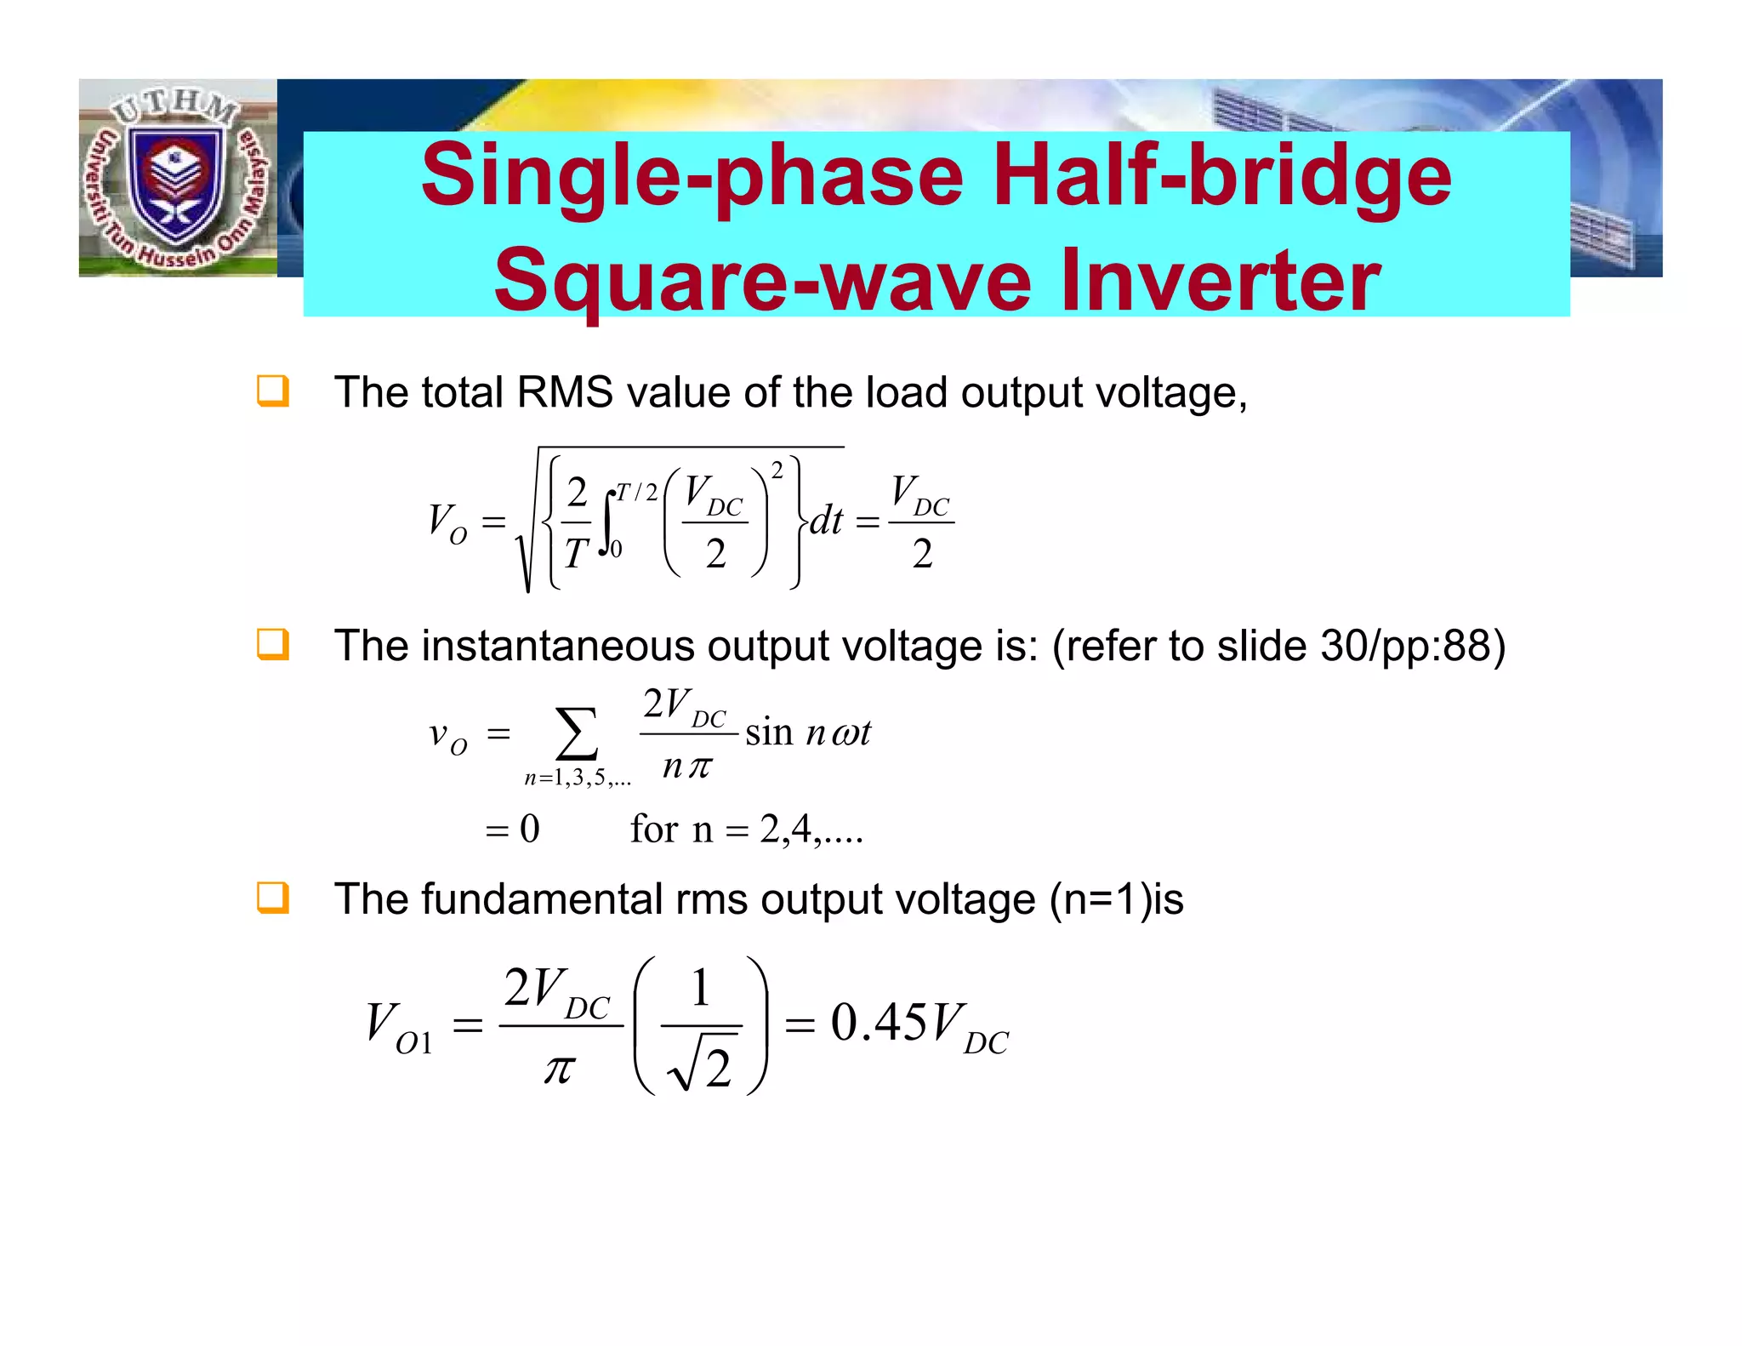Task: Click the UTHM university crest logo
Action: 178,177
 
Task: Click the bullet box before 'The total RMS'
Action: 273,391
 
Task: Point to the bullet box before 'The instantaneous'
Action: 273,644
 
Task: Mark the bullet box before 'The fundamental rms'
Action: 273,898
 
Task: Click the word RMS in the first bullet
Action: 565,393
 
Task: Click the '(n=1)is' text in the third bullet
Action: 1116,899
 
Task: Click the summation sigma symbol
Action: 577,733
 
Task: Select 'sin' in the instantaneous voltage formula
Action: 769,733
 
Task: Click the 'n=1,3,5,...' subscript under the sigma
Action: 578,778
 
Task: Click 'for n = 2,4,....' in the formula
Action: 746,829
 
